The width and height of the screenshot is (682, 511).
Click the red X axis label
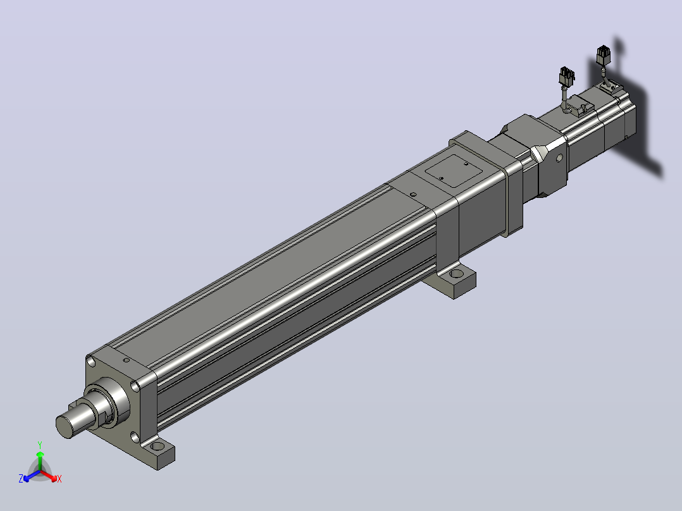point(59,479)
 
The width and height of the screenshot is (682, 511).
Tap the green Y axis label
point(40,445)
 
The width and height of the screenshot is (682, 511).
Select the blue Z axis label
point(21,478)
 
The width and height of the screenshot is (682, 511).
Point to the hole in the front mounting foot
point(157,446)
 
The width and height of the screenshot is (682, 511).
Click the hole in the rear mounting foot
point(457,274)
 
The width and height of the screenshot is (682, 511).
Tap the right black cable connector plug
point(604,56)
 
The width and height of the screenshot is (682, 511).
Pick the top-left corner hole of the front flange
point(91,361)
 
